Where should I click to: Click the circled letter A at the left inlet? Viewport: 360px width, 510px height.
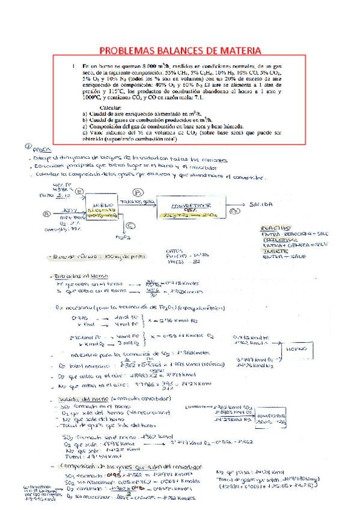(x=46, y=212)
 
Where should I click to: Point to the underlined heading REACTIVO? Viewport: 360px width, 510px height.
(x=277, y=229)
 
